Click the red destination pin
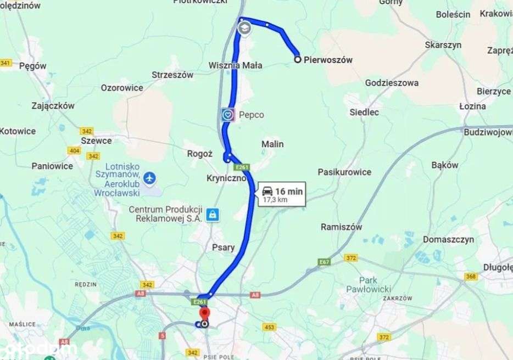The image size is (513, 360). [204, 314]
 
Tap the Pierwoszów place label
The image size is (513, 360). [328, 60]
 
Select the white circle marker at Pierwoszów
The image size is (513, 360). [297, 59]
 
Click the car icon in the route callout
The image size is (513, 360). [267, 191]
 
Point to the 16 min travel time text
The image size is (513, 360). [289, 191]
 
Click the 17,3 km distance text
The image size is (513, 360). [275, 200]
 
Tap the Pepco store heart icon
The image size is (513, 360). [228, 115]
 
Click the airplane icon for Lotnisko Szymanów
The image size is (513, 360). [149, 178]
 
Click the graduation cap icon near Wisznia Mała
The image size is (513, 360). [244, 27]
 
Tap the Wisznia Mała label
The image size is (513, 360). [235, 65]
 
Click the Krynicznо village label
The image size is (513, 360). [226, 178]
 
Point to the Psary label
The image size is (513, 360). [224, 248]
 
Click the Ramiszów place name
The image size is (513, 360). [341, 227]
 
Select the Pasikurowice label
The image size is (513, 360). [344, 172]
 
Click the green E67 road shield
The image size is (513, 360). [324, 262]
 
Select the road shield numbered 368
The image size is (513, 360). [471, 277]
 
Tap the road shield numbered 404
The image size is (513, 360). [74, 150]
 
